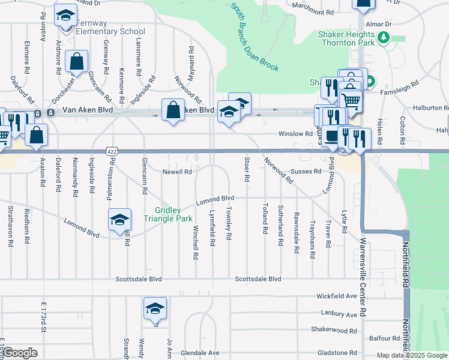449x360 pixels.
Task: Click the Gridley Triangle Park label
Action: [173, 214]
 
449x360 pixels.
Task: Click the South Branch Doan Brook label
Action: [255, 37]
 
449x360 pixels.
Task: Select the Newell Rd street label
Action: [177, 172]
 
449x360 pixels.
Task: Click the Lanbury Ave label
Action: [339, 314]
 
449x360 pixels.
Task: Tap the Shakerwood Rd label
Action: [334, 329]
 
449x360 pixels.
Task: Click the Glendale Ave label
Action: [200, 352]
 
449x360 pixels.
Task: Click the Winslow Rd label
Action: [295, 134]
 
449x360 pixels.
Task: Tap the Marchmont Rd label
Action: [313, 12]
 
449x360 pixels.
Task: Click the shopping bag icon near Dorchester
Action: [77, 61]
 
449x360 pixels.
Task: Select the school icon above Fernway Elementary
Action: [65, 16]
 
